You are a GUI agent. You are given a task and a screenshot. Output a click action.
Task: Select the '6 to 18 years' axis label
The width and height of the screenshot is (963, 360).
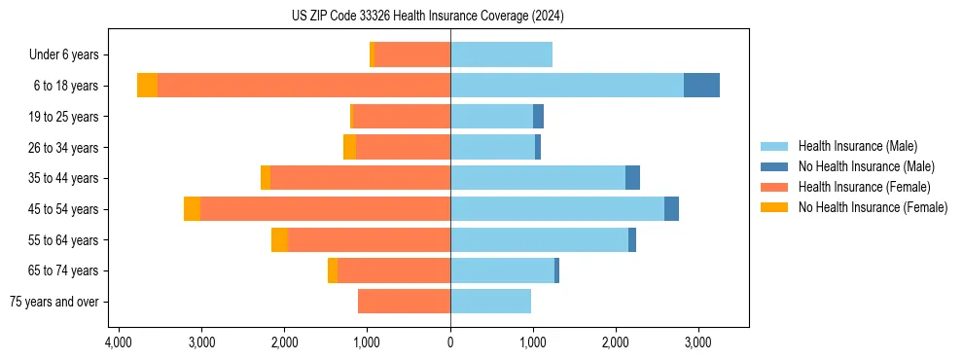[x=65, y=86]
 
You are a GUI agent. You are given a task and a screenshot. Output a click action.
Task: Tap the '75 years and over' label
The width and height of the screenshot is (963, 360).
[x=54, y=302]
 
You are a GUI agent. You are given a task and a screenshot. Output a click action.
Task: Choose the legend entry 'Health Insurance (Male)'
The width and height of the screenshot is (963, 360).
[x=857, y=146]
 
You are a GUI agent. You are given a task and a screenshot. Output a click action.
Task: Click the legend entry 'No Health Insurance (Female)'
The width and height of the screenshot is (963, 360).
[x=873, y=207]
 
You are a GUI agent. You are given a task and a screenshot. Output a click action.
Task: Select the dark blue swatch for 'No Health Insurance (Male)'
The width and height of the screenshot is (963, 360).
[x=774, y=166]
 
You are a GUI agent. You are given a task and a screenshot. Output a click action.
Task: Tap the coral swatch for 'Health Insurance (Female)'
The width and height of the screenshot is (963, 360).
[x=774, y=187]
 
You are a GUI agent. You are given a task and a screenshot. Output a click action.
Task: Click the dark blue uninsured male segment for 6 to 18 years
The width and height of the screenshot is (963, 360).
[x=701, y=86]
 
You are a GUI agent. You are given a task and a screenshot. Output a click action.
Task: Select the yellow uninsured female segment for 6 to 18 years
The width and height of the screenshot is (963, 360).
[x=147, y=86]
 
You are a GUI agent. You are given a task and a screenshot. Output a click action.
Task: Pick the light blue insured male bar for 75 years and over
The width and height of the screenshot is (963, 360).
[x=490, y=302]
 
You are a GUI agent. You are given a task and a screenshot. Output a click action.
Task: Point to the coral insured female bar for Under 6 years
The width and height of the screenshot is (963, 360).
[x=412, y=54]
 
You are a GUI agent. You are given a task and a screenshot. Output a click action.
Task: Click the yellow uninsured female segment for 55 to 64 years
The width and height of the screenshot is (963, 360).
[x=279, y=239]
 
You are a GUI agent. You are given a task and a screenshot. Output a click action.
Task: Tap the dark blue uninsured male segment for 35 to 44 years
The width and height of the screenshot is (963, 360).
[x=632, y=178]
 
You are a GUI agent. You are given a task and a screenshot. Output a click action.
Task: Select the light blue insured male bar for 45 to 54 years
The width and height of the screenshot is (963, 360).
[x=557, y=209]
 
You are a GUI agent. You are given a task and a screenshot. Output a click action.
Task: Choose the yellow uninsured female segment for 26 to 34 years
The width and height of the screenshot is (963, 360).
[x=349, y=147]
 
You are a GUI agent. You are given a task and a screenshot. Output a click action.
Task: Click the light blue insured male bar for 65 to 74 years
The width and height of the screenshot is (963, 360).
[x=502, y=270]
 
